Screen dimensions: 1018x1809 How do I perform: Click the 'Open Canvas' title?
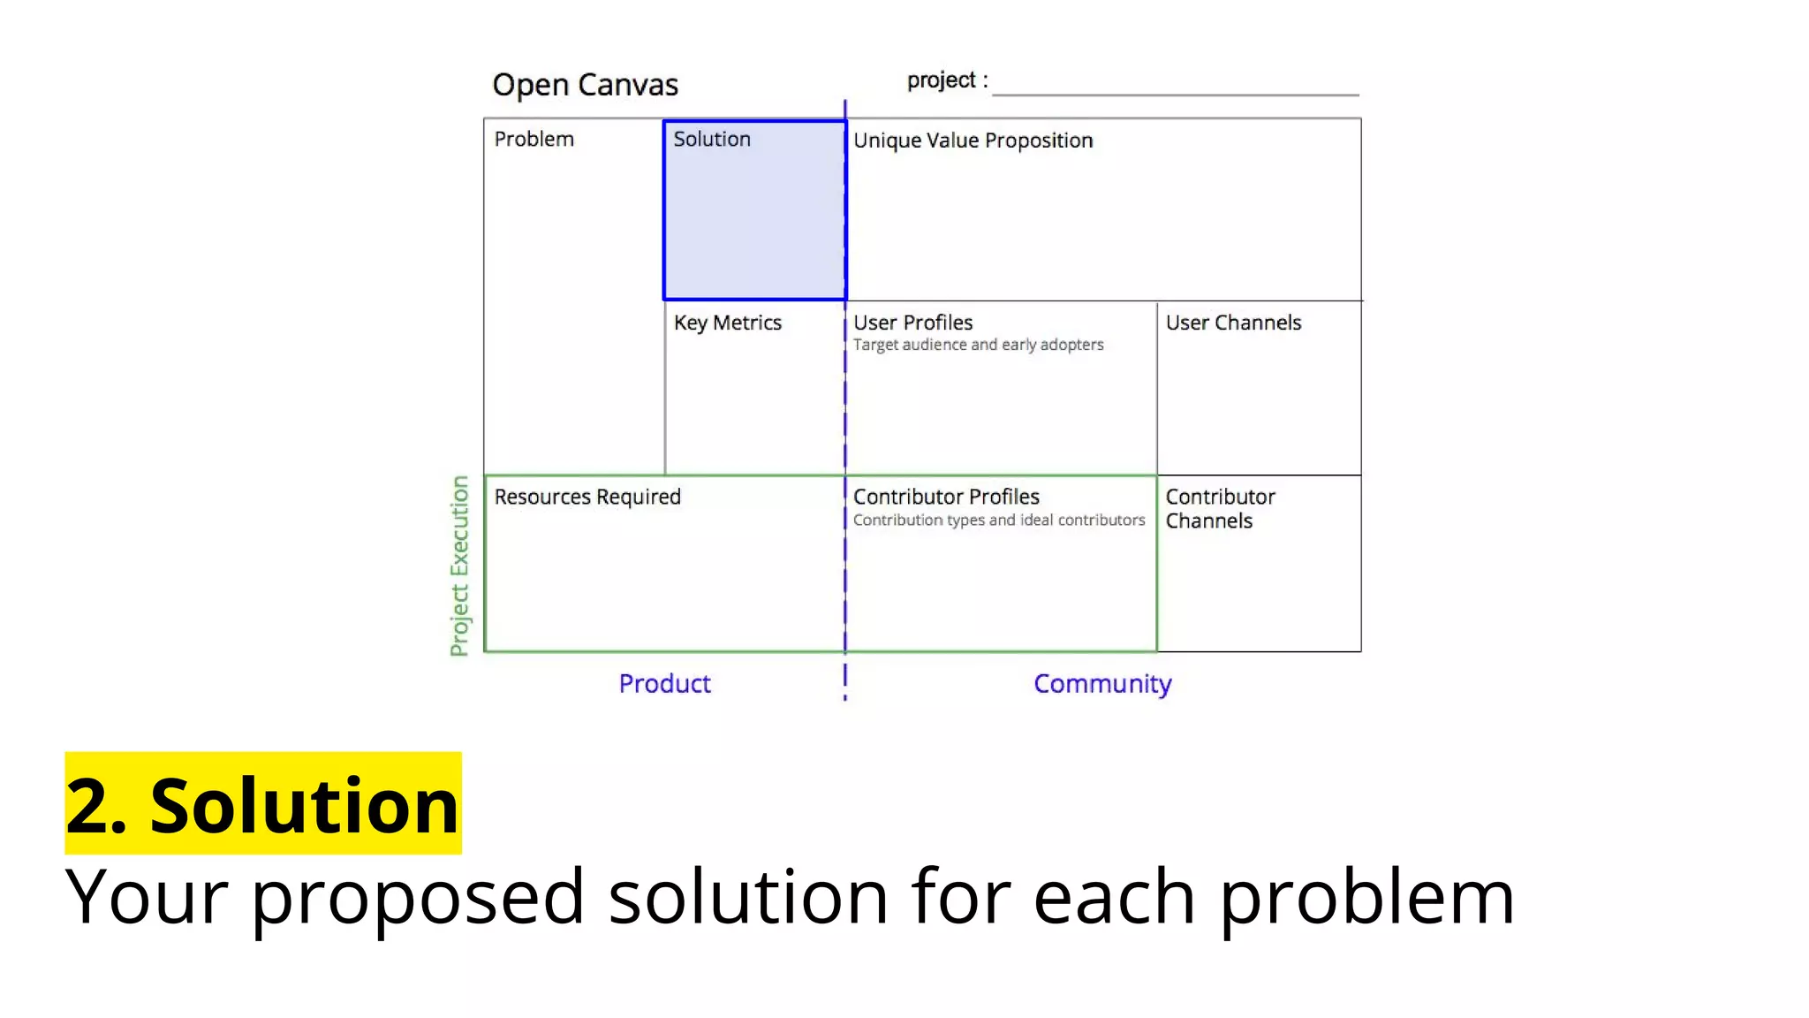[x=585, y=85]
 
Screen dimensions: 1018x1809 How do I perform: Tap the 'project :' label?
[x=946, y=80]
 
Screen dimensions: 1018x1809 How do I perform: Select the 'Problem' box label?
[x=534, y=140]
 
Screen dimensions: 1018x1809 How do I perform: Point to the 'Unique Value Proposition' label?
[x=973, y=141]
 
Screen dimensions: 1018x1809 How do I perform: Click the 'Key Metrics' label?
[x=727, y=323]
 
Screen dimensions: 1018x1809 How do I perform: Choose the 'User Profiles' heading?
[x=912, y=323]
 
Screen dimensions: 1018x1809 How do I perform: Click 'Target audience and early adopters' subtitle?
[x=978, y=345]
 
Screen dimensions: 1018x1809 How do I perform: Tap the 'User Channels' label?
[x=1233, y=323]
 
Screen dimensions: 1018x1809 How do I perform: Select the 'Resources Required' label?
[x=587, y=497]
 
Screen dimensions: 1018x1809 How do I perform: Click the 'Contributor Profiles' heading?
[x=946, y=497]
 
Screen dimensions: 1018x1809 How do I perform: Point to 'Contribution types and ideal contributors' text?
[x=998, y=520]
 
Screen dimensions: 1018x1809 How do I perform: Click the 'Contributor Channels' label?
[x=1220, y=509]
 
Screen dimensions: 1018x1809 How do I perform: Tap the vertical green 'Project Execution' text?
[x=459, y=566]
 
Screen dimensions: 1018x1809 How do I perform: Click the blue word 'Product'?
[x=664, y=684]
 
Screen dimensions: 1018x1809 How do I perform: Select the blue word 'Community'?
[x=1102, y=684]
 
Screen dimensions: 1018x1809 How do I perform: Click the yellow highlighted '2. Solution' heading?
[x=262, y=804]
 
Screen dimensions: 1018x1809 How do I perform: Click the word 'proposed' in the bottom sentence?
[x=417, y=898]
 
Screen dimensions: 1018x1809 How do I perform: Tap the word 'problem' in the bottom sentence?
[x=1366, y=898]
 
